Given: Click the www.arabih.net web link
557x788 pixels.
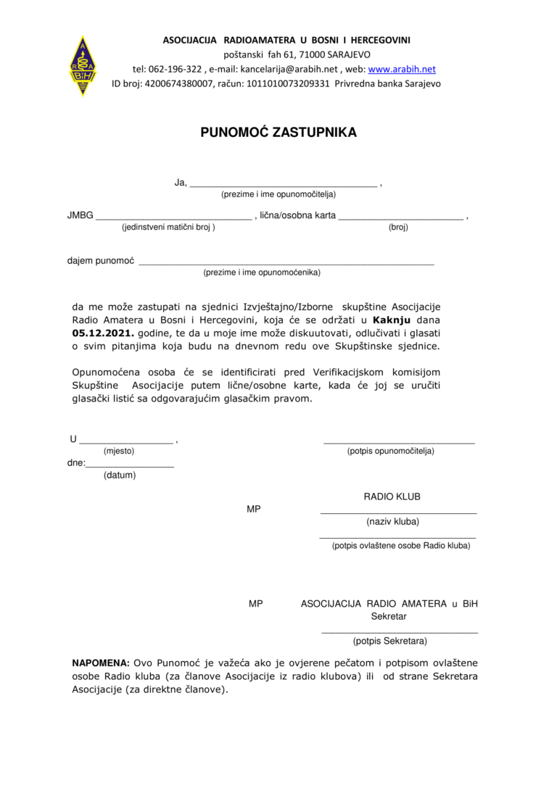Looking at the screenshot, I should pos(402,70).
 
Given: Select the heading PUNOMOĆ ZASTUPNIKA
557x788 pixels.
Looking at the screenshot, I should pos(278,133).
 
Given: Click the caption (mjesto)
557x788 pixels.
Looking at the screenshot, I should pos(119,451).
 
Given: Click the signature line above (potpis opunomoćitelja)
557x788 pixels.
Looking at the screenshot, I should pos(399,441).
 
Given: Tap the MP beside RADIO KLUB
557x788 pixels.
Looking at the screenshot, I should pos(253,510).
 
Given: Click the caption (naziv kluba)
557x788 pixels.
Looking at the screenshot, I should pos(392,521).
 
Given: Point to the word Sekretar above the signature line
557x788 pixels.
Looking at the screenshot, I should pos(389,617).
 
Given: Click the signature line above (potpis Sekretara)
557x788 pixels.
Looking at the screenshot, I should pos(400,633).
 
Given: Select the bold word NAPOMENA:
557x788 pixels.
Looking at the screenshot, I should pos(101,663).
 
